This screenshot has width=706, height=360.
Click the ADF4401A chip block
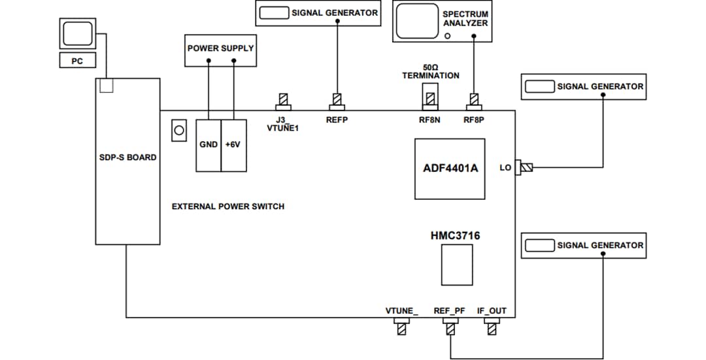tap(450, 169)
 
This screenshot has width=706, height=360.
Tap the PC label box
tap(77, 61)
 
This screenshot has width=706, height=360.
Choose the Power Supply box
tap(220, 48)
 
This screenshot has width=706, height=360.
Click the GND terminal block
tap(209, 145)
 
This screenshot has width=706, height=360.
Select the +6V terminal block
tap(233, 145)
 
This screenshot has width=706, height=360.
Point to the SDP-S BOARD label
tap(128, 157)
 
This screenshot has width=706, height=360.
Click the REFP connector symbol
tap(337, 101)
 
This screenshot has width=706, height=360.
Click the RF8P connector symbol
tap(473, 101)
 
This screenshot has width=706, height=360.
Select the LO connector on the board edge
tap(525, 168)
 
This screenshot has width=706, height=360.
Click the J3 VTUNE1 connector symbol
tap(283, 101)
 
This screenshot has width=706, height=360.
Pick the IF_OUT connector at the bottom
tap(492, 327)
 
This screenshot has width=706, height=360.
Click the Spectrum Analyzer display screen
tap(416, 21)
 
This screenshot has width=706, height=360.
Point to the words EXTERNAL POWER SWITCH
tap(227, 206)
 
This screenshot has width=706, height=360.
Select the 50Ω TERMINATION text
tap(430, 71)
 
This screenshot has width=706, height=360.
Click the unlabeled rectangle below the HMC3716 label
tap(456, 265)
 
